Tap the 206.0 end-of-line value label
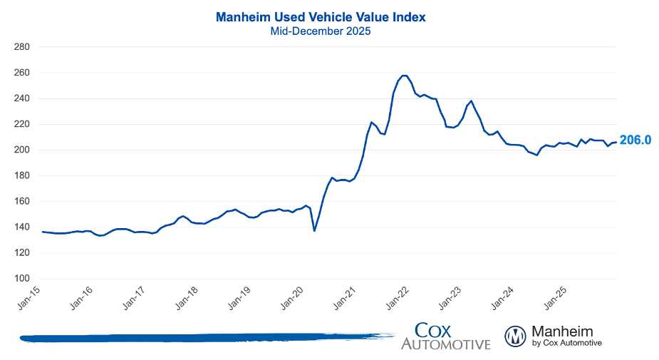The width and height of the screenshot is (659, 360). tap(635, 140)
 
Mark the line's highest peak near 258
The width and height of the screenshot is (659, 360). tap(404, 76)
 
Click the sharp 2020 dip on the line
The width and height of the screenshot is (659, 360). tap(314, 230)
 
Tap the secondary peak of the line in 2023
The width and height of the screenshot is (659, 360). tap(471, 101)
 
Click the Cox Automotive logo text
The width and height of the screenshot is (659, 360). tap(445, 336)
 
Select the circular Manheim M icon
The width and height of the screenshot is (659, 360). tap(515, 336)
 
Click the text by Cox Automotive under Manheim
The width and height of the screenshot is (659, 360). tap(566, 344)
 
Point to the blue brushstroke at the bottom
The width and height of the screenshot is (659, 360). tap(207, 336)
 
